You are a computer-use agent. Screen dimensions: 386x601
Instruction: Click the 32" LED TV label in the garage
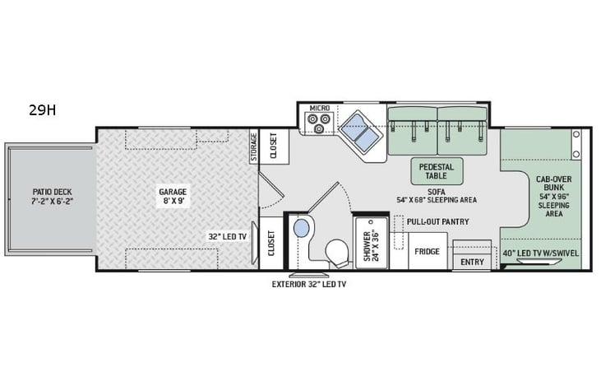227,237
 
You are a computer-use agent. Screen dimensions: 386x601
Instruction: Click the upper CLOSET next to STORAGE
274,146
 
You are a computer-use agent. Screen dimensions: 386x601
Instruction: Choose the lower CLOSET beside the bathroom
271,243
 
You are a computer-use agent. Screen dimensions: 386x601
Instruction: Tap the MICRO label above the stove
319,109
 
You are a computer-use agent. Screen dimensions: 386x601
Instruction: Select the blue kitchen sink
358,129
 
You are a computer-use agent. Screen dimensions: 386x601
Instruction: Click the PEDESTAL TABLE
437,170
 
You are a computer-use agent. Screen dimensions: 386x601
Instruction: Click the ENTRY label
472,263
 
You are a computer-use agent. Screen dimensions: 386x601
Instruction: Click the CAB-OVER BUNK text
548,184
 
